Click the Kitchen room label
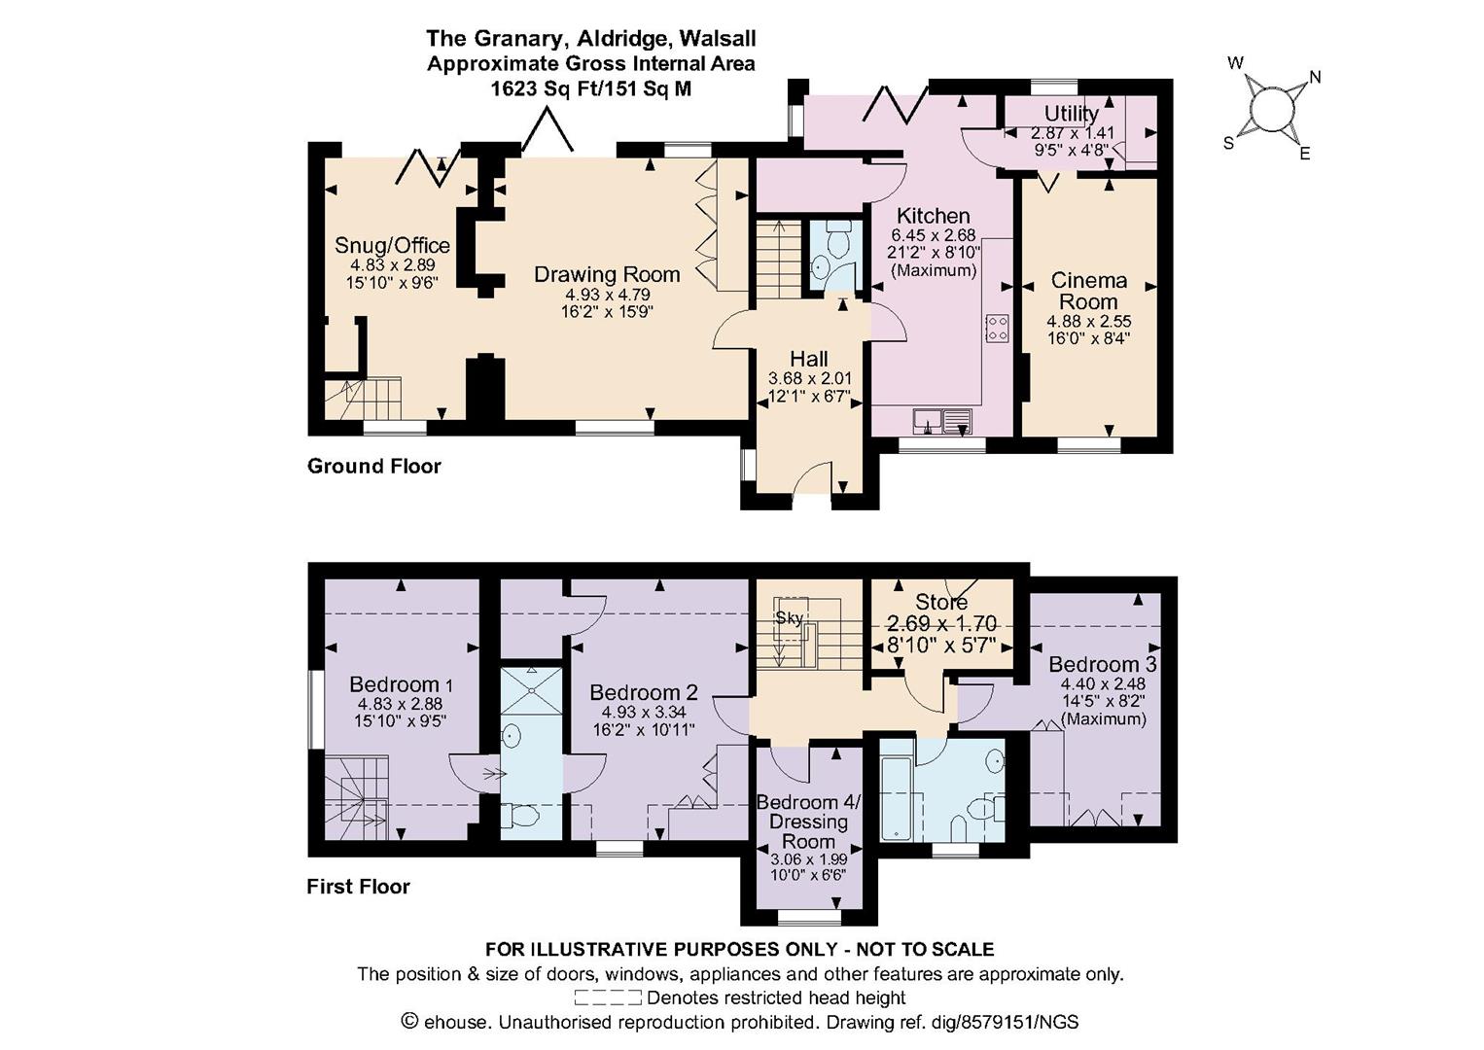click(933, 216)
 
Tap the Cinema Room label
click(1088, 291)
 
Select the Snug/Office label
click(392, 245)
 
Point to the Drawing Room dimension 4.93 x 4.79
click(608, 295)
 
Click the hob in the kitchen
click(997, 329)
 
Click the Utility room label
click(1072, 114)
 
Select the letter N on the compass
click(1315, 78)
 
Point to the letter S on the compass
click(1228, 143)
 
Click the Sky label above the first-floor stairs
click(789, 617)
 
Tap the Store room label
click(940, 602)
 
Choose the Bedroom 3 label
click(1103, 663)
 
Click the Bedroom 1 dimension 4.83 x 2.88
click(400, 704)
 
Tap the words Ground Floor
click(374, 467)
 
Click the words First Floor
click(359, 887)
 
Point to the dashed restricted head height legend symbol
click(608, 997)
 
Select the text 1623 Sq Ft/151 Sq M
click(590, 88)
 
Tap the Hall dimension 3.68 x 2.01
click(809, 379)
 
